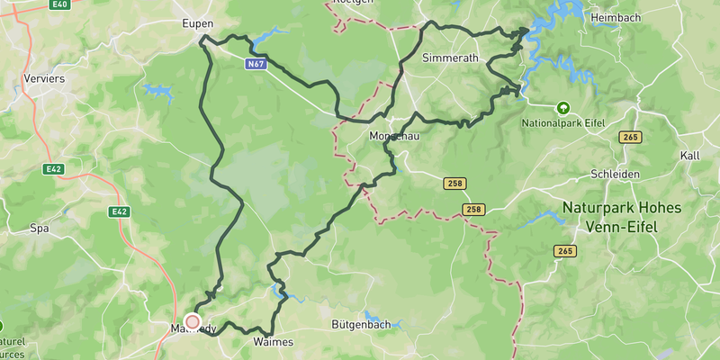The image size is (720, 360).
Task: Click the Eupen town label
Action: [x=196, y=22]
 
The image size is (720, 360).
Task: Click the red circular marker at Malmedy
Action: [x=192, y=321]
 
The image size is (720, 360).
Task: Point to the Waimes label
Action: [x=274, y=343]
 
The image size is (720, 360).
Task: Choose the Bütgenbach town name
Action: [x=361, y=325]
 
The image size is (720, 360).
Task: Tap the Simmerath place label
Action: [x=451, y=58]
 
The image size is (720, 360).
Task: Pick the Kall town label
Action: [x=690, y=156]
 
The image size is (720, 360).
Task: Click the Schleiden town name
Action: [x=615, y=174]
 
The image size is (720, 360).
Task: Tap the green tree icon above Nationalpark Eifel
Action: [x=563, y=107]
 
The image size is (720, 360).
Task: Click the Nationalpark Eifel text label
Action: [x=563, y=122]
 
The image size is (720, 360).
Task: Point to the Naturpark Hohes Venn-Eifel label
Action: [x=621, y=217]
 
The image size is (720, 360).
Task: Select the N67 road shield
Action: [x=256, y=65]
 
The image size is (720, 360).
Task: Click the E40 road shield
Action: [x=60, y=4]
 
